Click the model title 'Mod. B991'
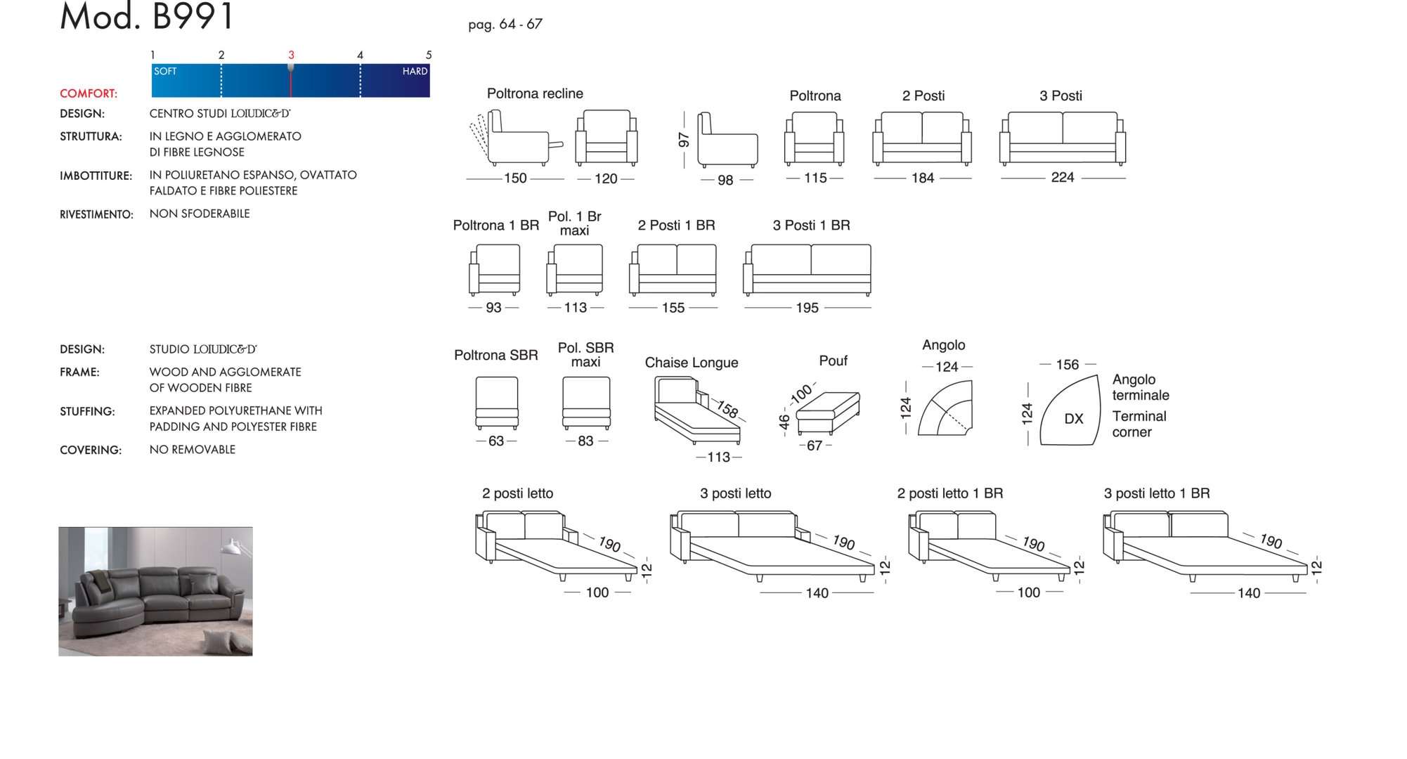tap(146, 17)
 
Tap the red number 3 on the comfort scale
tap(291, 55)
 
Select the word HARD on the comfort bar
tap(415, 71)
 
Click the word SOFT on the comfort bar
tap(165, 71)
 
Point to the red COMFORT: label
tap(89, 93)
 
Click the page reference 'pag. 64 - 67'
tap(505, 25)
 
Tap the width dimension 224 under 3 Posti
tap(1062, 178)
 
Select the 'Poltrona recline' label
tap(535, 93)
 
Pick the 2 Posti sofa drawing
tap(922, 138)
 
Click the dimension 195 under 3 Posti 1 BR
tap(807, 308)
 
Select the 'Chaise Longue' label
tap(692, 363)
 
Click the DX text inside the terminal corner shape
tap(1073, 419)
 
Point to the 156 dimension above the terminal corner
tap(1067, 365)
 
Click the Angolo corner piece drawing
tap(946, 410)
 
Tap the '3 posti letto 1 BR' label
tap(1157, 493)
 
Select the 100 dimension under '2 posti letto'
tap(597, 592)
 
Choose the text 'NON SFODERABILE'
tap(200, 214)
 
